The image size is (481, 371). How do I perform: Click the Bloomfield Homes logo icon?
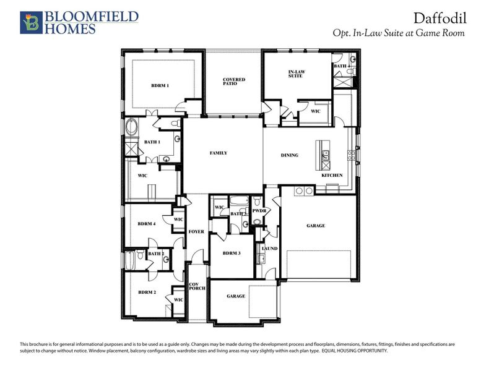pyautogui.click(x=29, y=22)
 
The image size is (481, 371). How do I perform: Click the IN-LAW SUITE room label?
pyautogui.click(x=297, y=74)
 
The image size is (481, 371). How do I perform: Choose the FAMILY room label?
pyautogui.click(x=219, y=153)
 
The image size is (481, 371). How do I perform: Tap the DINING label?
pyautogui.click(x=289, y=155)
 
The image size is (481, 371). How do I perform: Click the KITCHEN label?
pyautogui.click(x=332, y=175)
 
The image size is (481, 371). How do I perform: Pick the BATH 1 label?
pyautogui.click(x=152, y=142)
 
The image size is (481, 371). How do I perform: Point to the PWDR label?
pyautogui.click(x=259, y=211)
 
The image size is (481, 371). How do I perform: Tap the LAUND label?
pyautogui.click(x=269, y=248)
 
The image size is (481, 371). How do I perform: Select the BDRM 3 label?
pyautogui.click(x=230, y=254)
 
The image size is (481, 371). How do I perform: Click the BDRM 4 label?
pyautogui.click(x=146, y=223)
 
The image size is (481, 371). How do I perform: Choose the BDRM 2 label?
pyautogui.click(x=146, y=292)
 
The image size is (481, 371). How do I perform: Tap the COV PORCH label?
pyautogui.click(x=196, y=288)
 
